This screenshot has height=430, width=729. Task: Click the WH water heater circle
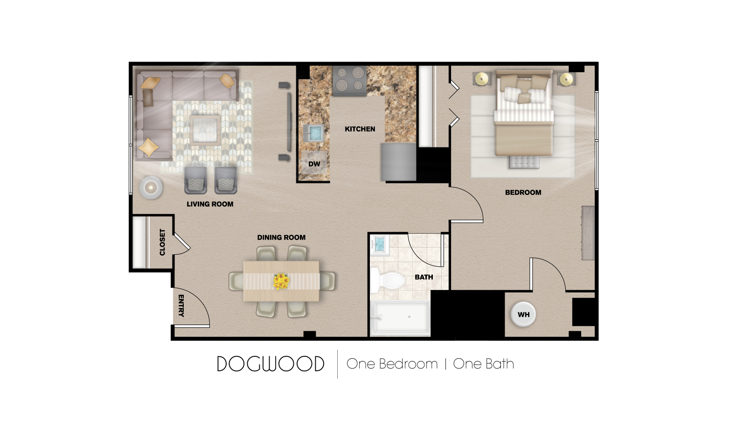(x=523, y=314)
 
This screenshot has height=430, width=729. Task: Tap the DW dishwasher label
(x=314, y=164)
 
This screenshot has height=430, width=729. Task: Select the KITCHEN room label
(x=360, y=129)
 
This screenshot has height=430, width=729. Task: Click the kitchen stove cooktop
(x=349, y=80)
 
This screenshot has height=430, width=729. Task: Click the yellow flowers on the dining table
(x=281, y=281)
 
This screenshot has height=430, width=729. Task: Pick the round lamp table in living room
(x=151, y=187)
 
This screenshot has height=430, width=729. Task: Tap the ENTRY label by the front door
(x=181, y=305)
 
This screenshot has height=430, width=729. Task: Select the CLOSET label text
(x=162, y=242)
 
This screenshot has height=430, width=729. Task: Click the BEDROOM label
(x=523, y=192)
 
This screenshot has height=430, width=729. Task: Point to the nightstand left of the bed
(x=482, y=79)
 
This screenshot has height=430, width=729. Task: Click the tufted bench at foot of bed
(x=523, y=162)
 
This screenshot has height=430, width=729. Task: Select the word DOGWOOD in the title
(x=271, y=364)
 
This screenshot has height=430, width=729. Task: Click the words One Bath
(x=483, y=364)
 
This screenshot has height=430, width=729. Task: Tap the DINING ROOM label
(x=281, y=237)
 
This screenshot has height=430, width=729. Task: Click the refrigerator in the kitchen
(x=399, y=162)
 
